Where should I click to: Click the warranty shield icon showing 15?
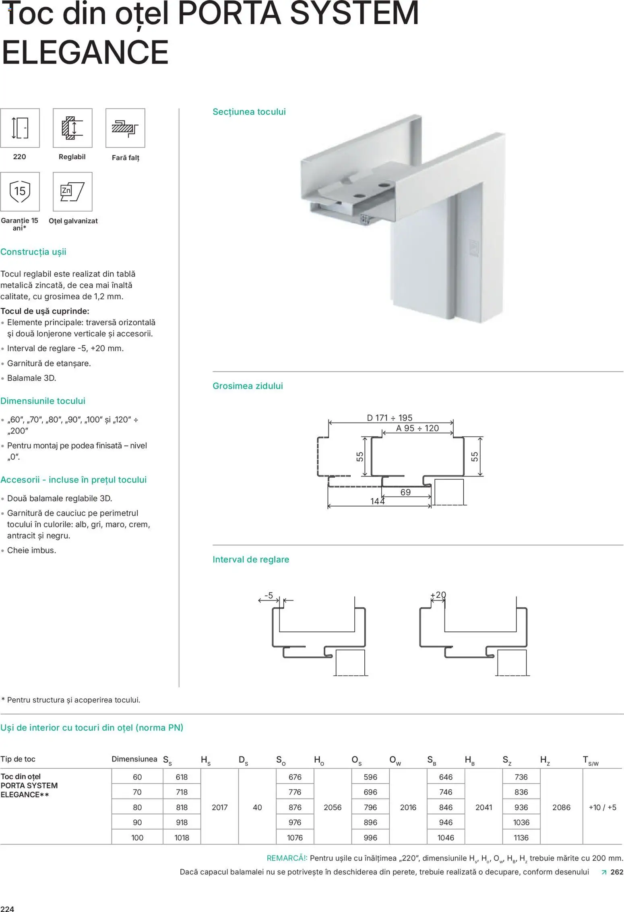(x=20, y=191)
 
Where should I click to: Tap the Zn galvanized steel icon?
(x=72, y=192)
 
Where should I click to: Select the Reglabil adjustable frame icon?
(x=72, y=128)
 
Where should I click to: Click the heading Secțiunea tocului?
(x=249, y=112)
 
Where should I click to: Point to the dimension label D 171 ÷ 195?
(x=389, y=418)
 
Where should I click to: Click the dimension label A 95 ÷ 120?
(x=417, y=428)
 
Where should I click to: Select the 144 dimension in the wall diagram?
(x=377, y=501)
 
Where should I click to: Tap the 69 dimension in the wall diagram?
(x=405, y=492)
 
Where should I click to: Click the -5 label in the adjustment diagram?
(x=269, y=595)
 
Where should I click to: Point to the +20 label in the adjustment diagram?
(x=438, y=595)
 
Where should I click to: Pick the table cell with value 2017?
(x=220, y=807)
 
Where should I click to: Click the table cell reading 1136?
(x=521, y=838)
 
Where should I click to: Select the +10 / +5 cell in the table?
(x=602, y=807)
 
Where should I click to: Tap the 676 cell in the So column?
(x=295, y=777)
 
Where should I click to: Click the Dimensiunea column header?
(x=134, y=759)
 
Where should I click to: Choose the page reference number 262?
(x=616, y=872)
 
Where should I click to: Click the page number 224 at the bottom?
(x=7, y=909)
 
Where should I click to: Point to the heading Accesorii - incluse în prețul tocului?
(x=73, y=480)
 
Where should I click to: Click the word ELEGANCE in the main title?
(x=85, y=52)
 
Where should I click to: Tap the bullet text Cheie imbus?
(x=31, y=550)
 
